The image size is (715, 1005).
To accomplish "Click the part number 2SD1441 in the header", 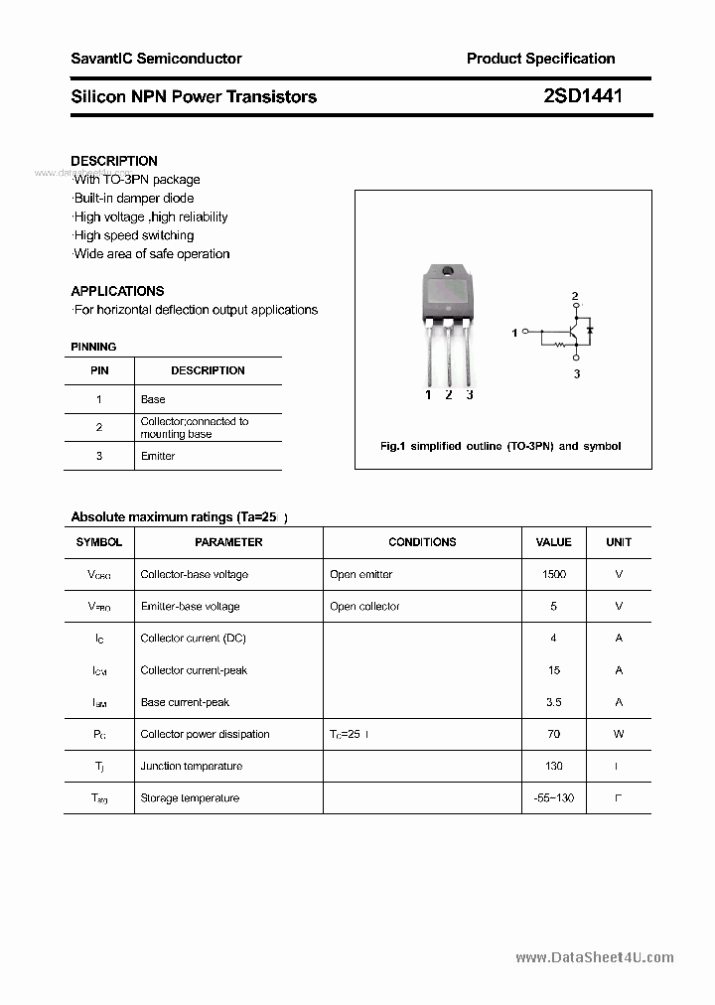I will [583, 96].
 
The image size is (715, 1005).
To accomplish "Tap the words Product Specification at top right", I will [540, 59].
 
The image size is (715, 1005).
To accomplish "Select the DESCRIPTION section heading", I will [114, 161].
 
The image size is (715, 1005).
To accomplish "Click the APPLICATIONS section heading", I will [117, 291].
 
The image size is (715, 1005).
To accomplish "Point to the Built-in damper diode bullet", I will [134, 199].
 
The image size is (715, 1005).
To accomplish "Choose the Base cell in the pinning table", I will [153, 399].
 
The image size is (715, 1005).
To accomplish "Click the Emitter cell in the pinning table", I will [158, 456].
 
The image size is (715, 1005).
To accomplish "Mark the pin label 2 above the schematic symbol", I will [575, 296].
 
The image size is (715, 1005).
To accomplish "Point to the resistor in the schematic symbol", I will [559, 346].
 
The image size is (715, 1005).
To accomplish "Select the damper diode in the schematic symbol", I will [590, 329].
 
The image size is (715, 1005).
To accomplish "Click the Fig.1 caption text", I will [500, 446].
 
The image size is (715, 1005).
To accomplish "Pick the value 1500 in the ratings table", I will [553, 574].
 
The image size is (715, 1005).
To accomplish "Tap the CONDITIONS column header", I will [422, 542].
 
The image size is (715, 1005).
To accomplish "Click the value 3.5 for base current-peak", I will [553, 702].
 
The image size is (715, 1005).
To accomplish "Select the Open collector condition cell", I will [364, 606].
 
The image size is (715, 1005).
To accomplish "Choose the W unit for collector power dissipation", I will [618, 734].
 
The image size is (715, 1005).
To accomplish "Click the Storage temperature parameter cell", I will [190, 797].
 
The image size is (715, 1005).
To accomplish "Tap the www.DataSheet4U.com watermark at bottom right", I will [595, 957].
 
